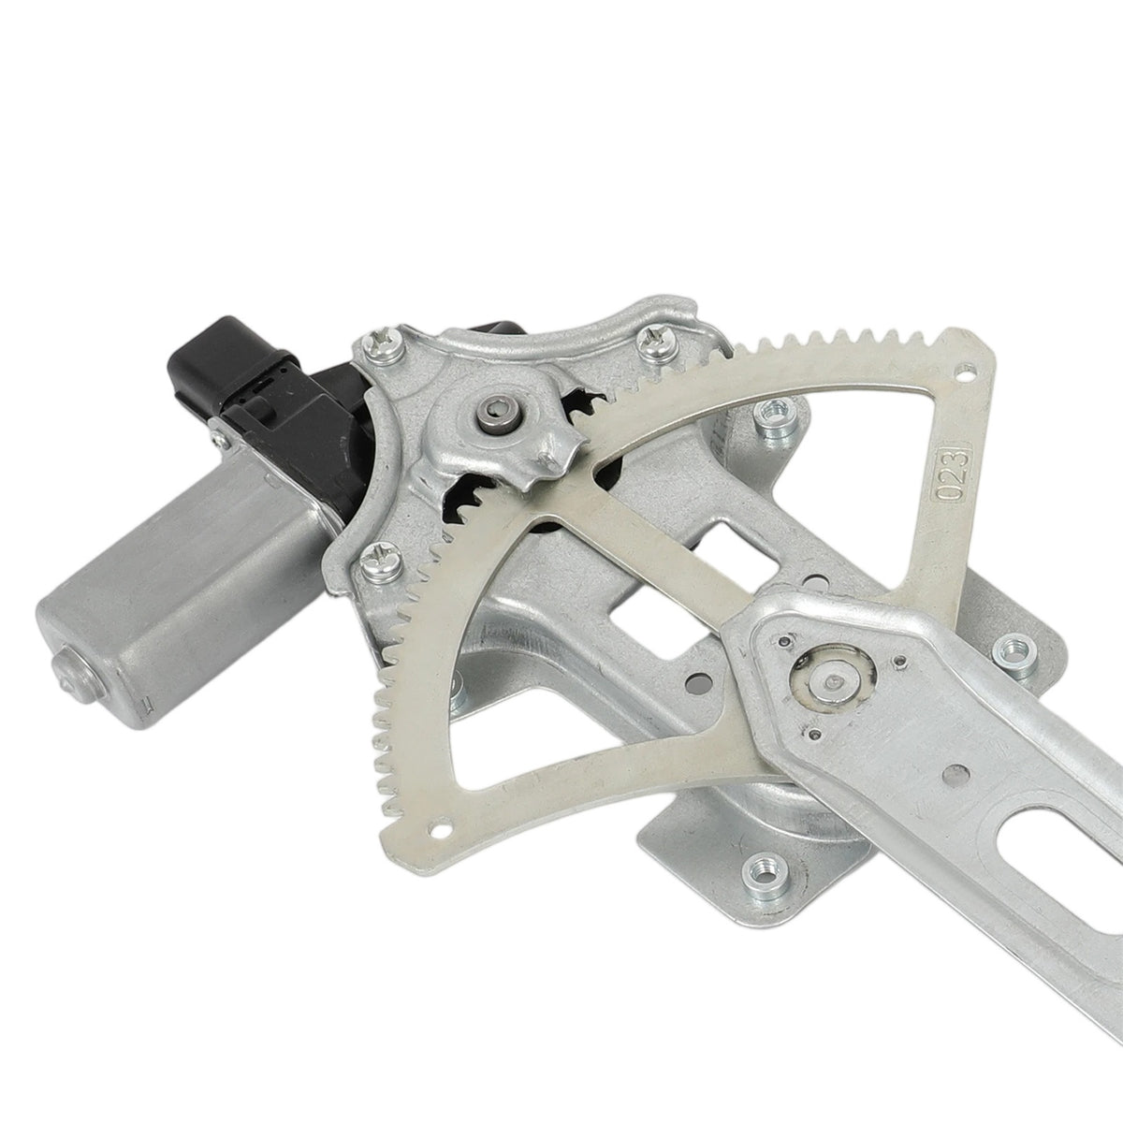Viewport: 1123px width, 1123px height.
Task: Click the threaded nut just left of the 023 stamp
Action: point(775,416)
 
